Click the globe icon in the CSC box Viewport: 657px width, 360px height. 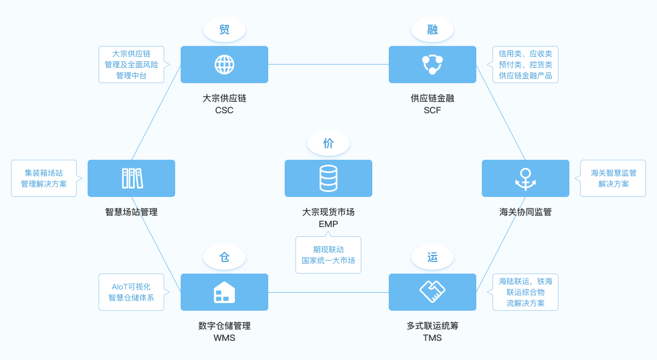coord(224,65)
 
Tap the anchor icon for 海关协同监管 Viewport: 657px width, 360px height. coord(526,178)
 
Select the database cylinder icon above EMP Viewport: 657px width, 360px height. coord(328,178)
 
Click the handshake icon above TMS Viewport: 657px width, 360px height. coord(433,292)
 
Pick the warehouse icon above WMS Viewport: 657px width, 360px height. coord(224,292)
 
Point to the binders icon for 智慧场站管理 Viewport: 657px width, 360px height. coord(132,178)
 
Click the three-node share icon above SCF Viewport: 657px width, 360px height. coord(433,65)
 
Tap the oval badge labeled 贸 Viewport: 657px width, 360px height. coord(224,30)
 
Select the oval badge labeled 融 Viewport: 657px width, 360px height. coord(433,30)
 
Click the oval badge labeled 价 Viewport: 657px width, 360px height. coord(328,143)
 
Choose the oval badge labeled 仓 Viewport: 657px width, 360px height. coord(224,257)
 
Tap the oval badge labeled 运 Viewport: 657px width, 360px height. coord(433,257)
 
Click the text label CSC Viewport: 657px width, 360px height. coord(224,111)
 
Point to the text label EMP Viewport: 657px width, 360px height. coord(328,224)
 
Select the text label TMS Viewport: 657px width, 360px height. coord(433,338)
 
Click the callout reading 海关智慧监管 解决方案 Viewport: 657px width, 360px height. coord(613,178)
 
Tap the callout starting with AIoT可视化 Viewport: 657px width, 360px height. coord(131,292)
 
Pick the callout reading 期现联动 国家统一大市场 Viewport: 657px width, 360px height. coord(328,255)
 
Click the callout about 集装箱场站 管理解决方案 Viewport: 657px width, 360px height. coord(44,178)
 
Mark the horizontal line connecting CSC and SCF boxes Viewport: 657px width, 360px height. coord(328,65)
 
